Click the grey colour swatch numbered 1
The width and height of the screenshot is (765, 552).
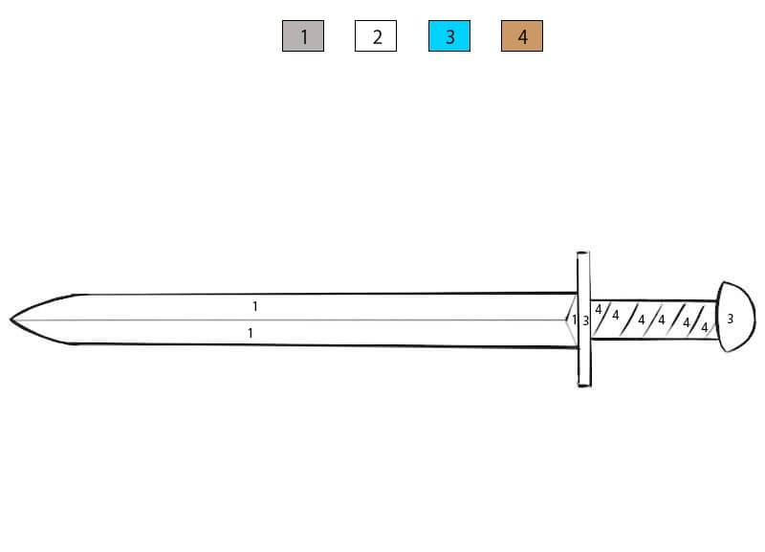(x=303, y=35)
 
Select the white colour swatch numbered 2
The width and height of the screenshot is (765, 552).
(x=376, y=35)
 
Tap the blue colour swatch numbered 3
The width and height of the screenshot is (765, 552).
(x=449, y=35)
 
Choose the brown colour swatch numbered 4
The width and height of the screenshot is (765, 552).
(x=522, y=35)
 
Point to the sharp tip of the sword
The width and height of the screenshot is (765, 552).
(x=11, y=320)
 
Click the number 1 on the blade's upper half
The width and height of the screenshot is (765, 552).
(x=254, y=306)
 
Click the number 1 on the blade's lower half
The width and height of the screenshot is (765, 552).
(x=251, y=333)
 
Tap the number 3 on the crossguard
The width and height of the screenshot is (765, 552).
(x=585, y=320)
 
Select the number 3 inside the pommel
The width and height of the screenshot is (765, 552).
(x=730, y=319)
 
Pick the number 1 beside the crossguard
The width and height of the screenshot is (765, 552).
(x=575, y=320)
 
